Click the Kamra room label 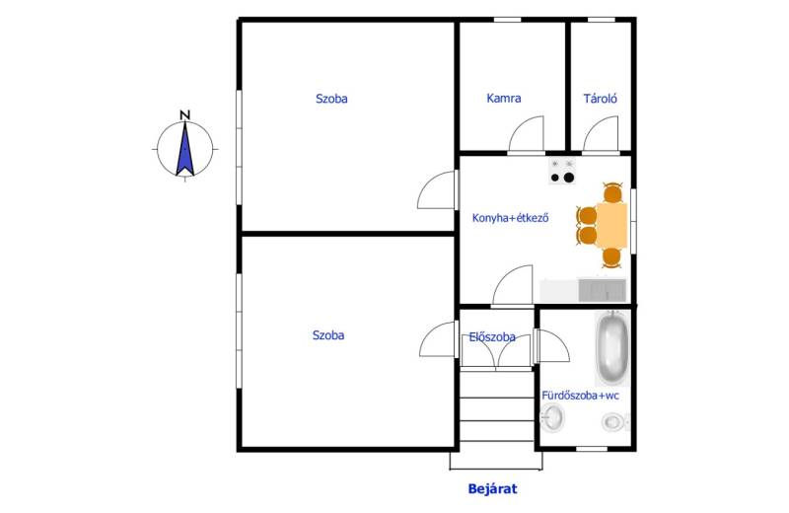click(x=503, y=99)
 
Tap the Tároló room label click(x=600, y=99)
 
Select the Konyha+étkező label click(x=510, y=218)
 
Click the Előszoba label click(x=491, y=336)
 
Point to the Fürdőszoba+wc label click(x=580, y=396)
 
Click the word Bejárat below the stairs click(x=492, y=489)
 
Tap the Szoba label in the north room click(x=331, y=99)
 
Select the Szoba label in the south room click(x=328, y=334)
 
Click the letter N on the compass click(x=185, y=115)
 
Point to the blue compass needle click(x=184, y=149)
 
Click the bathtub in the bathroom click(x=612, y=347)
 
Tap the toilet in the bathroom click(x=614, y=422)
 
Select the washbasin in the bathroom click(x=552, y=418)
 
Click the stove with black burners click(x=562, y=172)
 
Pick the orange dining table click(x=611, y=225)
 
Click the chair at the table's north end click(x=612, y=192)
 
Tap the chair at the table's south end click(x=611, y=257)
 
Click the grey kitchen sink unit click(x=602, y=290)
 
